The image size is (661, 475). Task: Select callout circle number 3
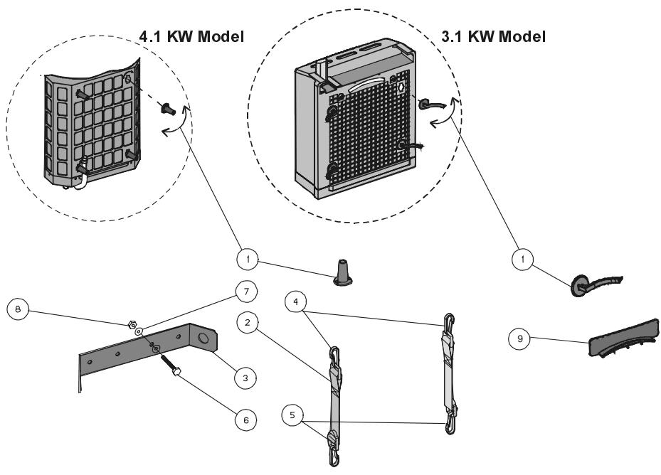tap(244, 377)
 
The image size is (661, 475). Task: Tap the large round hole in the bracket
tap(203, 340)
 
